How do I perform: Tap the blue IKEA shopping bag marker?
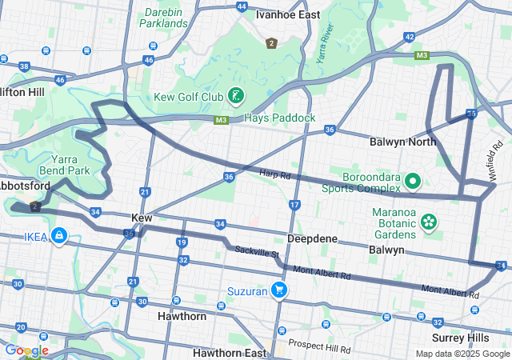[58, 236]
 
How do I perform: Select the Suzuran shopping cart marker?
[279, 289]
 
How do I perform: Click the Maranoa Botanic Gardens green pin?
[429, 221]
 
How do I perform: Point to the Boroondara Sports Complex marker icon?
[414, 182]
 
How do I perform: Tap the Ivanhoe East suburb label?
[287, 14]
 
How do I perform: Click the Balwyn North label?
[402, 142]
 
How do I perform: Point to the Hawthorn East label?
[229, 352]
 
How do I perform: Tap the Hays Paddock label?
[281, 118]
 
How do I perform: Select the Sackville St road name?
[256, 253]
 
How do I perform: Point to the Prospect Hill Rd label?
[319, 349]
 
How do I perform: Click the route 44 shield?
[242, 6]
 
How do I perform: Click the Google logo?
[26, 350]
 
